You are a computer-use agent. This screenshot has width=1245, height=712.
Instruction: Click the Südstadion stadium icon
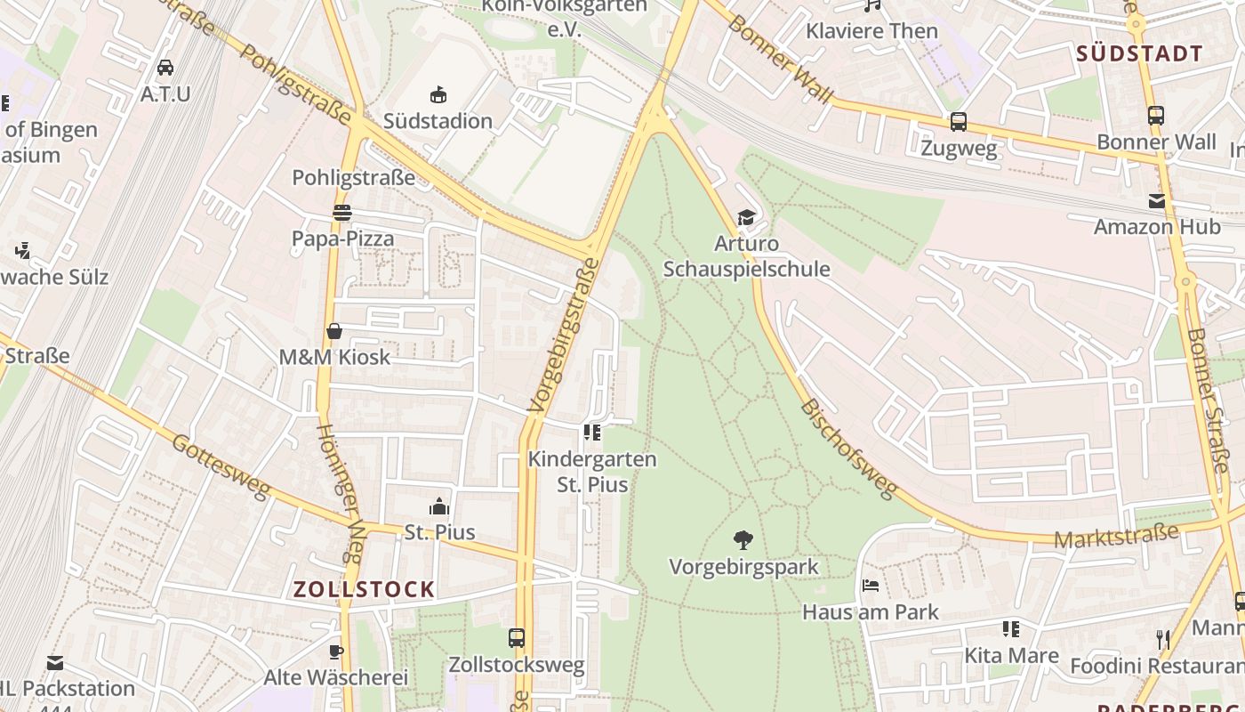[438, 94]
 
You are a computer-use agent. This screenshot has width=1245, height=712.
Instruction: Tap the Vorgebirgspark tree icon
[743, 539]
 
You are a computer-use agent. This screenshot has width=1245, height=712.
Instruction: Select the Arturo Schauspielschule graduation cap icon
[746, 218]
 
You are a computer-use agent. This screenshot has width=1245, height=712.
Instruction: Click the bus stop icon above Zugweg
[958, 122]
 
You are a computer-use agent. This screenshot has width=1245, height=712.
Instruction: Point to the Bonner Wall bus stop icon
[1155, 116]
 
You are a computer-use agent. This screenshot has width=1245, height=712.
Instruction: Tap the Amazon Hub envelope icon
[1156, 201]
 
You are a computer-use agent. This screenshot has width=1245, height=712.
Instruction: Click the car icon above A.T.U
[165, 68]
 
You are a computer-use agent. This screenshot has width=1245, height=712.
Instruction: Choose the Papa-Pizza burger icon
[342, 213]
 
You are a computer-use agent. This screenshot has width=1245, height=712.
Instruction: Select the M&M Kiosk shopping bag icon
[334, 331]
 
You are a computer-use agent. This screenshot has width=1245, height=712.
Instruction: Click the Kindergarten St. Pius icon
[591, 433]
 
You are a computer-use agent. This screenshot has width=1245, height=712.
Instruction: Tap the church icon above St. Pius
[439, 507]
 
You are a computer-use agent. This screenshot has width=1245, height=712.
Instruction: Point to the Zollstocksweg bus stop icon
[516, 638]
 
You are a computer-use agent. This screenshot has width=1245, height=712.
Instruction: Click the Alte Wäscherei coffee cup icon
[336, 651]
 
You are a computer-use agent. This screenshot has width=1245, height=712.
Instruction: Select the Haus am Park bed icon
[871, 586]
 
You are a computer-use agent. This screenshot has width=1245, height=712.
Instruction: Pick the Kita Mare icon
[1011, 630]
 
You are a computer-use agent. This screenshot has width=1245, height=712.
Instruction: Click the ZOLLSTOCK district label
[365, 589]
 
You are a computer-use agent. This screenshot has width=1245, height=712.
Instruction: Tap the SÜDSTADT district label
[1139, 53]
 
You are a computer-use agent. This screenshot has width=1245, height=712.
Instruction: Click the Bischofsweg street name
[848, 449]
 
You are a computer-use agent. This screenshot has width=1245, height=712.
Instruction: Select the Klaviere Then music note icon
[872, 5]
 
